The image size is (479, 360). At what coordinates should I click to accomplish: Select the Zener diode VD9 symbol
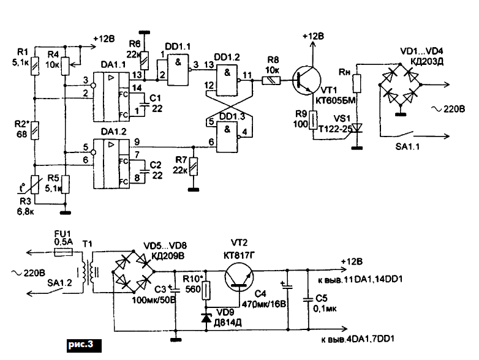click(x=206, y=318)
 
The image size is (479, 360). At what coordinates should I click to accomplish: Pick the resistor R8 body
click(x=273, y=80)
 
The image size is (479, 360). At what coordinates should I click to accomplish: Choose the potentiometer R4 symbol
click(x=66, y=61)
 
